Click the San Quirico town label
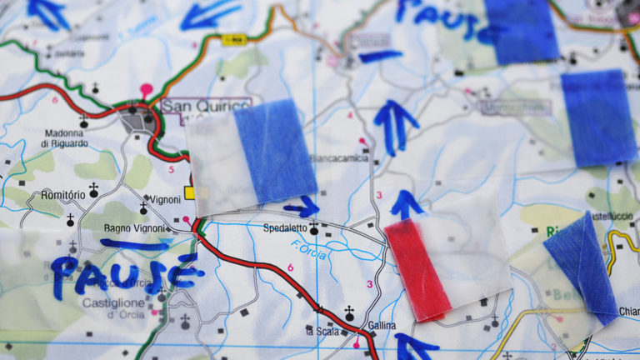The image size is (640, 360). [x=205, y=106]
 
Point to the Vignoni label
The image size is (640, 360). [x=166, y=200]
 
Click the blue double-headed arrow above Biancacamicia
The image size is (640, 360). [x=396, y=125]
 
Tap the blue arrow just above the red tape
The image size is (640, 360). [x=406, y=203]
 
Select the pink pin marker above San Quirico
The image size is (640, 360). [x=147, y=87]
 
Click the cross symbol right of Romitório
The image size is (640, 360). [x=93, y=191]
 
